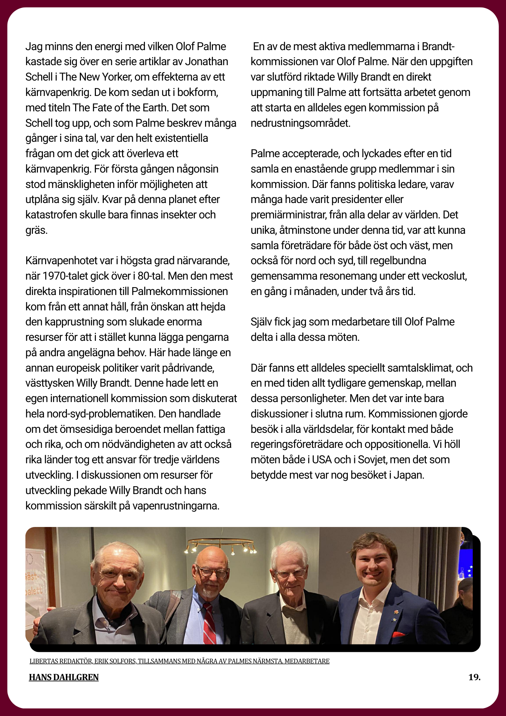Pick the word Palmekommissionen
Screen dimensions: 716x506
179,291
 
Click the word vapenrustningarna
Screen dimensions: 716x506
176,506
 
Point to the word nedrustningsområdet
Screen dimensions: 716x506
300,123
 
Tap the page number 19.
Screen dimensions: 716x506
474,677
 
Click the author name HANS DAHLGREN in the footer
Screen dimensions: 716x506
64,677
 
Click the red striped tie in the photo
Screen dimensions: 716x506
209,623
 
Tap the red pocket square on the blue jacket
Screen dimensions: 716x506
398,635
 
